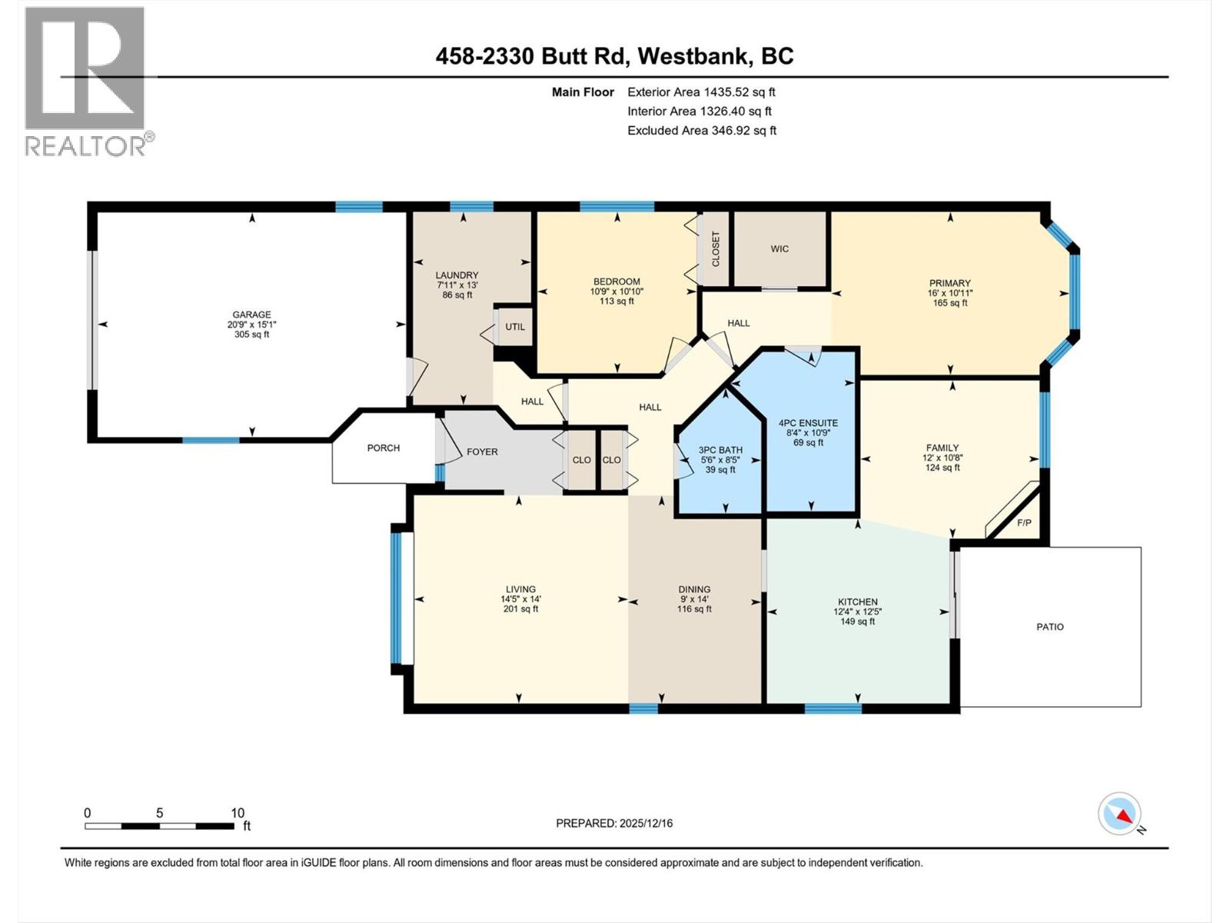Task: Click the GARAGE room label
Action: [251, 315]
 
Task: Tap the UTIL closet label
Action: [515, 327]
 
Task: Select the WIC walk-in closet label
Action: [780, 249]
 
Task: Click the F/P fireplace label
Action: [1024, 523]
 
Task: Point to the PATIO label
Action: [1049, 627]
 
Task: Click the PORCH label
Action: [383, 448]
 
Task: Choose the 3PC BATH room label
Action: [720, 451]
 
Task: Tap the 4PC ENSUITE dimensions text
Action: [808, 433]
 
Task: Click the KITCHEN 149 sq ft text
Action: [857, 621]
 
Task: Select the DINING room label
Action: [693, 589]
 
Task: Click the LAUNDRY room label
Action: [457, 275]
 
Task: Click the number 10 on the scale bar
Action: [238, 813]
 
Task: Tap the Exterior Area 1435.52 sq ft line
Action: [701, 92]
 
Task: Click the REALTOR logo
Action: [85, 81]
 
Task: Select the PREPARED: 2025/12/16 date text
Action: [614, 823]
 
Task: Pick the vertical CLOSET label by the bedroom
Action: [716, 249]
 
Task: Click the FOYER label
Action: [482, 452]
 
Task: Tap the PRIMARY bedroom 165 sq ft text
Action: [949, 303]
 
